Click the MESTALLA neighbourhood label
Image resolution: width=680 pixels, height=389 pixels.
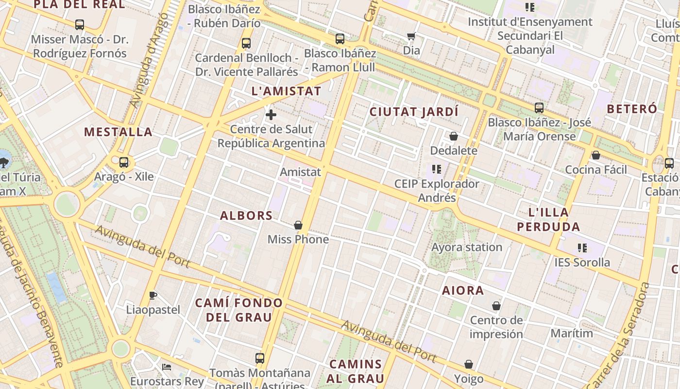tap(118, 132)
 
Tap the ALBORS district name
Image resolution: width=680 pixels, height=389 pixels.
tap(246, 215)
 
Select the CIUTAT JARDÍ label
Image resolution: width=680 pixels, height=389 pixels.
tap(414, 112)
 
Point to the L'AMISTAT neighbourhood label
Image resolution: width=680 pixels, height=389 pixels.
tap(286, 91)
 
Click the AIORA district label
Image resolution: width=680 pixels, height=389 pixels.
tap(463, 290)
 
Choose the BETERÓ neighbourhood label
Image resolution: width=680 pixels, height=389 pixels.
tap(631, 108)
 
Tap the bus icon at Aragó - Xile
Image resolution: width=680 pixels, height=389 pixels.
tap(124, 162)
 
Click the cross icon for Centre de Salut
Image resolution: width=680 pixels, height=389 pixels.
tap(271, 115)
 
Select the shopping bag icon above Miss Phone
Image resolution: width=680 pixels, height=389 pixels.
tap(298, 225)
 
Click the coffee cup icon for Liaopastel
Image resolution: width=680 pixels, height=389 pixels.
tap(153, 295)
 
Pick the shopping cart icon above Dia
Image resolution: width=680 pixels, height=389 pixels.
tap(411, 36)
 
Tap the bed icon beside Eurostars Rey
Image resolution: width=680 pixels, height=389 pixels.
tap(167, 367)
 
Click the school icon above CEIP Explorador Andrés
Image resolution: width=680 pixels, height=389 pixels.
tap(436, 169)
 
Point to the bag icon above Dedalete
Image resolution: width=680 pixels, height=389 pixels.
tap(454, 136)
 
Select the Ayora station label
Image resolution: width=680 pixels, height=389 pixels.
tap(467, 247)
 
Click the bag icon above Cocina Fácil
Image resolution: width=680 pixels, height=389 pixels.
tap(596, 155)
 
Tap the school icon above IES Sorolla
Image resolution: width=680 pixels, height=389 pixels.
tap(582, 248)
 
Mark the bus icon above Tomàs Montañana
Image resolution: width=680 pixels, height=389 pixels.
tap(260, 358)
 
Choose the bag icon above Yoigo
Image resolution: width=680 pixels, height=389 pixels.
tap(469, 364)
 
